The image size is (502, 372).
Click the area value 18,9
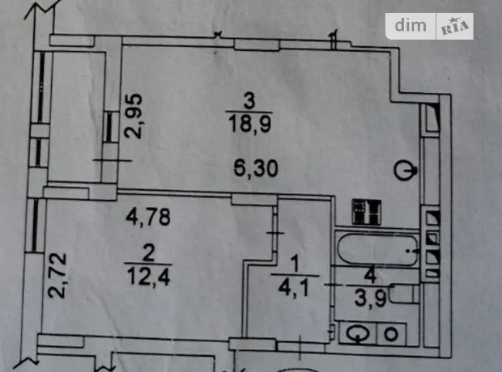(x=250, y=124)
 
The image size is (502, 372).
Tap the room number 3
(x=249, y=101)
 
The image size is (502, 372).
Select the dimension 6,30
(x=256, y=168)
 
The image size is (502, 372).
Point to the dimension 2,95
(x=134, y=116)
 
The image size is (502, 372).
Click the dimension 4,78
(x=148, y=217)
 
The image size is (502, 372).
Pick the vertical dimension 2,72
(x=57, y=276)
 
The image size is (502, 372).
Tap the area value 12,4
(x=148, y=277)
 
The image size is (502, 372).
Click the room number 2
(x=148, y=254)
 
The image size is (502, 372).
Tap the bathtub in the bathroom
(x=377, y=250)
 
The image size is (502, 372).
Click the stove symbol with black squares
(x=367, y=211)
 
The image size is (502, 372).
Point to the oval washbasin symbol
(x=359, y=334)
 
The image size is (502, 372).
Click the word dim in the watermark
(x=411, y=25)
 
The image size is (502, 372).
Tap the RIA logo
(x=455, y=27)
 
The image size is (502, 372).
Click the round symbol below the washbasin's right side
(x=391, y=335)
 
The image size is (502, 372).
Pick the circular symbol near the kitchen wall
(x=405, y=171)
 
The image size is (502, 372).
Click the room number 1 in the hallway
(x=295, y=265)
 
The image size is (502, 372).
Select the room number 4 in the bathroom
(x=370, y=276)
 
